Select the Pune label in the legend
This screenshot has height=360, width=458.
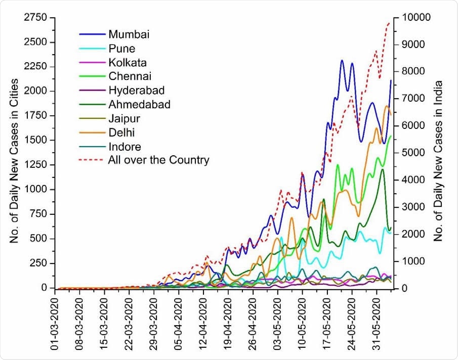[x=119, y=49]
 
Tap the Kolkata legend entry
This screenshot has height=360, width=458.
[x=124, y=63]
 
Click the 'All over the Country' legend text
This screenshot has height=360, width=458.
[x=158, y=161]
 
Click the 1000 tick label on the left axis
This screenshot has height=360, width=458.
[x=35, y=190]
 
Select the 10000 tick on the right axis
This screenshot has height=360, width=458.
[x=418, y=18]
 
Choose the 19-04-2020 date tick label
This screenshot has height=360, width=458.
[x=228, y=321]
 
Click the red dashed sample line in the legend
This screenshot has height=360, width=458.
[x=92, y=161]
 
